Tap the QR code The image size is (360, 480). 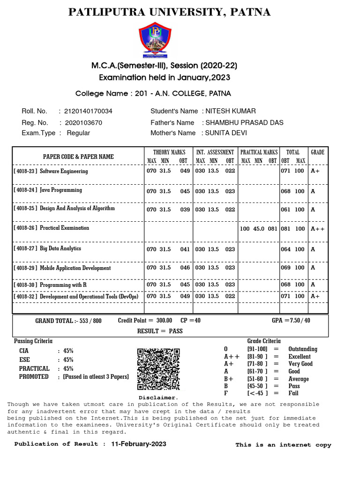158,369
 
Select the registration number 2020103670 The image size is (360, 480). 84,122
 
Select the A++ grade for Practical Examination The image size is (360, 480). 317,229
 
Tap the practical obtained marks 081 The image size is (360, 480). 272,229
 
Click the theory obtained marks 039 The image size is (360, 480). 185,210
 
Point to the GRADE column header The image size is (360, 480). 317,152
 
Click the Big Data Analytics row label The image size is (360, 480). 60,248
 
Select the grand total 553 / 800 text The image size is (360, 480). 68,321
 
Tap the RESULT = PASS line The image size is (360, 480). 160,331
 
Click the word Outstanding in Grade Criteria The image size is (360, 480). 302,349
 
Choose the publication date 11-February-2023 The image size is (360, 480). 138,444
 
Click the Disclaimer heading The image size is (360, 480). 158,397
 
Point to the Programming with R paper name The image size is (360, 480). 63,285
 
